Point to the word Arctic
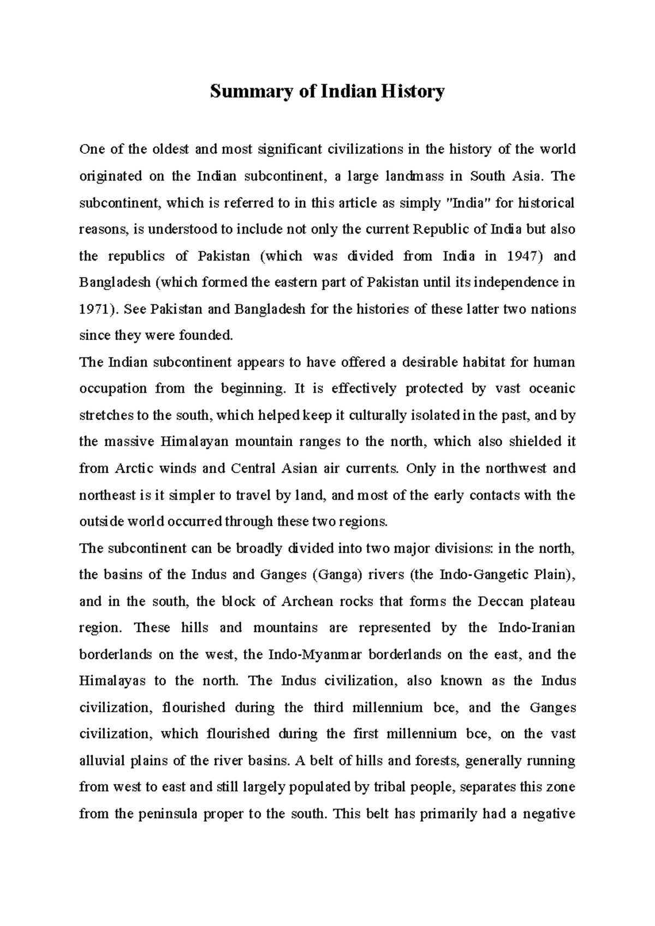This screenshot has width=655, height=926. coord(134,468)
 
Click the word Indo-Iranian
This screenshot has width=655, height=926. coord(537,628)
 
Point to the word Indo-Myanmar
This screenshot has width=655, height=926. coord(314,654)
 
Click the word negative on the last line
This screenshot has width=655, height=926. coord(549,814)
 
